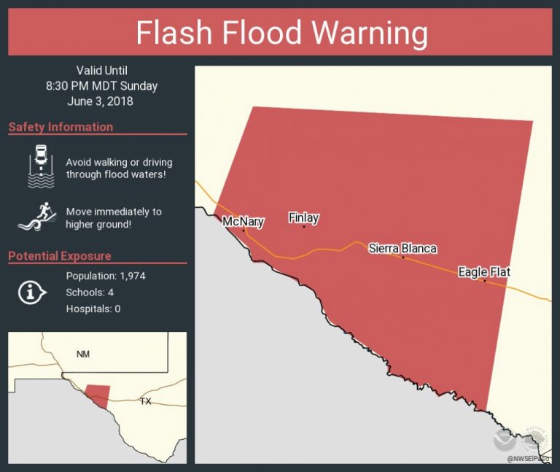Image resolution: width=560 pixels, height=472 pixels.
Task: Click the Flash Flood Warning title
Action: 281,33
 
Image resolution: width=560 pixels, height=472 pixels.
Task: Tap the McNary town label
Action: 243,222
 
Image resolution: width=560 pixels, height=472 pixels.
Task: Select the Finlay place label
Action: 303,217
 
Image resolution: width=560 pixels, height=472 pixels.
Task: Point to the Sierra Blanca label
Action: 402,248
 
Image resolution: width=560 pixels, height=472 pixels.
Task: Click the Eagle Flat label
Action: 483,272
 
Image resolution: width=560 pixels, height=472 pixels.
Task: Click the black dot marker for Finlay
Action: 304,227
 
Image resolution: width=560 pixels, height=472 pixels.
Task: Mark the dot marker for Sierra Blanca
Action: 402,257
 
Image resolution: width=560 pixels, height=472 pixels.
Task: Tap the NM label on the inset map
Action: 83,354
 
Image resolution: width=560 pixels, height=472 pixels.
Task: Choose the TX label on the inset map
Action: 145,401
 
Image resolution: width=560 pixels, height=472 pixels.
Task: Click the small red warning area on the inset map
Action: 98,395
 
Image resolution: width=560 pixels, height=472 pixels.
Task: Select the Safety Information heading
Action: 61,127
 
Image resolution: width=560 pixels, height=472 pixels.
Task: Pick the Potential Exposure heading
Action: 60,256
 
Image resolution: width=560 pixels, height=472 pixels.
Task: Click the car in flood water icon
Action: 41,166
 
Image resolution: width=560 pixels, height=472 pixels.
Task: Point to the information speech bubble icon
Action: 31,293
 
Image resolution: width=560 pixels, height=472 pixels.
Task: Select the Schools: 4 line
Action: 90,293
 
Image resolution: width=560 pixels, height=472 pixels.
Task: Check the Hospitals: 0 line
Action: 93,309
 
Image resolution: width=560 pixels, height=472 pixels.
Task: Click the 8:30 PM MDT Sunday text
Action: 101,86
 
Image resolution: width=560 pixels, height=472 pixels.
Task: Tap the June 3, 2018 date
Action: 101,101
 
